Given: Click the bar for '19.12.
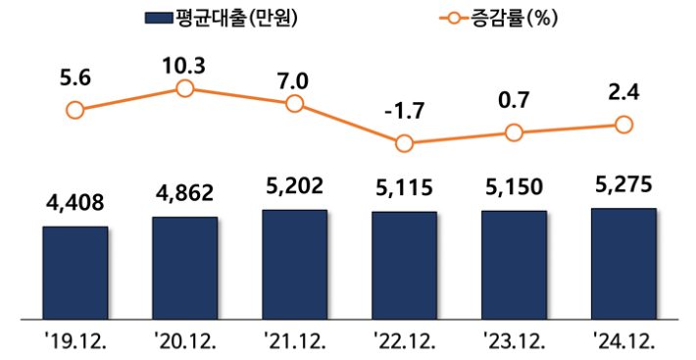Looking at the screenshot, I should click(x=75, y=272).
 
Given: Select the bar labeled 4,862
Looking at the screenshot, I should click(x=185, y=267).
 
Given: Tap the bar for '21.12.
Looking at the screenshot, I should click(x=295, y=263).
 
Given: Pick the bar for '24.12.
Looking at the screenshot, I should click(x=623, y=262).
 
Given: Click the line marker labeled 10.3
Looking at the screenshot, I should click(x=185, y=89).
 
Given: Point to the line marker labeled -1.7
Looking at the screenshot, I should click(x=404, y=143).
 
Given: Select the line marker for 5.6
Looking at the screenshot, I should click(x=75, y=110).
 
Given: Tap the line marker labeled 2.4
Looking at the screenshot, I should click(x=623, y=125).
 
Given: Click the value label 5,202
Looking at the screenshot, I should click(x=295, y=183).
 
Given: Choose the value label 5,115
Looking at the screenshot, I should click(x=404, y=186).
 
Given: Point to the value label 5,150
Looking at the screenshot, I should click(x=514, y=185).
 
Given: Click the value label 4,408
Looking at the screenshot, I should click(x=75, y=202).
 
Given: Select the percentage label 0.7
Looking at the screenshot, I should click(x=514, y=101).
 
